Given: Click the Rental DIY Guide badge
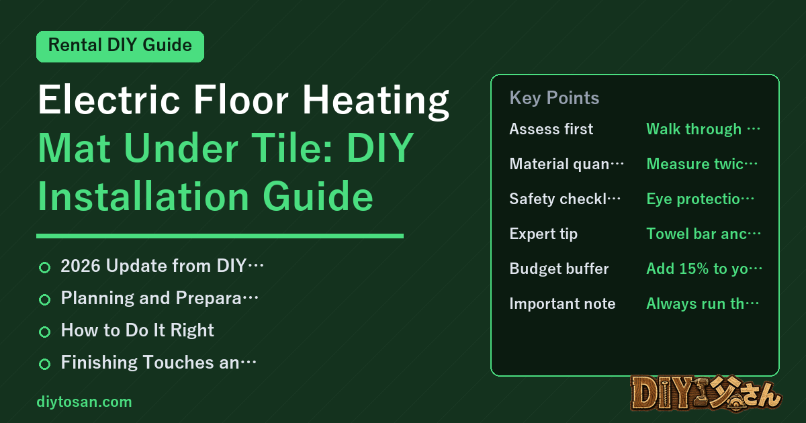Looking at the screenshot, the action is point(120,46).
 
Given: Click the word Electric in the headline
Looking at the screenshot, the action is point(109,99).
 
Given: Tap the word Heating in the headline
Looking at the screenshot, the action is point(376,101).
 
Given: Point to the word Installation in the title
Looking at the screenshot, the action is point(144,196).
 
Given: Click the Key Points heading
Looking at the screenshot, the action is point(554,98).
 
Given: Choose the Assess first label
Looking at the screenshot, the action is point(551,129).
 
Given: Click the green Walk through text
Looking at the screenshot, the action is point(703,129).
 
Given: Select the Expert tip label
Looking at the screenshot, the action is point(543,234).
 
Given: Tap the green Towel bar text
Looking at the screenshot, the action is point(703,234).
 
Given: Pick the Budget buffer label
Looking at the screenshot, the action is point(559,269).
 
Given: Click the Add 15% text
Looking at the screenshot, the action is point(704,269).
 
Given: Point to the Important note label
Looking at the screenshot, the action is point(562,303).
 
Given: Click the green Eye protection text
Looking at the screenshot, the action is point(700,199).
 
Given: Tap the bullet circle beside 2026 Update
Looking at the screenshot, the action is point(44,268).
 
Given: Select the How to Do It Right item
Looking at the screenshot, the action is point(137,330).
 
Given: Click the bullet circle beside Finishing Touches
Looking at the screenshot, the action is point(44,364).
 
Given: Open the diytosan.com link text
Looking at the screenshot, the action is point(84,402).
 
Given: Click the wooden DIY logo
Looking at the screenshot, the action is point(706,393).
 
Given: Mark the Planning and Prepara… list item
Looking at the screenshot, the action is point(159,298).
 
